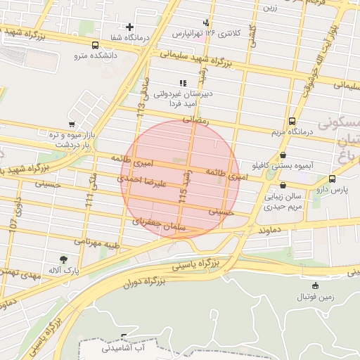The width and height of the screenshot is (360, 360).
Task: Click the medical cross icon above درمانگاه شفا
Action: tap(129, 27)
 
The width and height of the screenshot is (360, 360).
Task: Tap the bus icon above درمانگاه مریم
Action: tap(292, 121)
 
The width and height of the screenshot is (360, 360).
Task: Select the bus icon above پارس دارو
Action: tap(332, 179)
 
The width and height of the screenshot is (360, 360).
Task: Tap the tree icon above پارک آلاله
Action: tap(64, 259)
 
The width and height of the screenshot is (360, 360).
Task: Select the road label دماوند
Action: tap(269, 229)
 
